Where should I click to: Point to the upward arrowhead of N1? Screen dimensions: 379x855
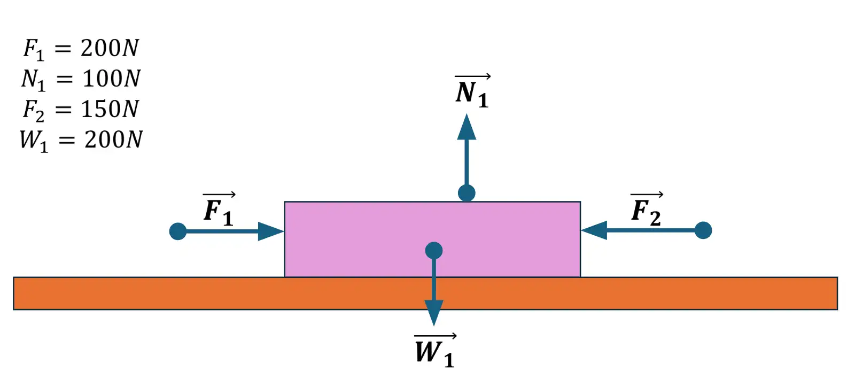(467, 127)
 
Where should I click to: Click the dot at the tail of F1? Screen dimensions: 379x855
(178, 231)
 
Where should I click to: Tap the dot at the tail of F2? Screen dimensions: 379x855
(703, 230)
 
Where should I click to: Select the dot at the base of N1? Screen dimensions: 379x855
(467, 193)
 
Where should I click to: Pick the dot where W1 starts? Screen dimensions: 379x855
(434, 250)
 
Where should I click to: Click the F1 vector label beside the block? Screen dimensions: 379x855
(219, 210)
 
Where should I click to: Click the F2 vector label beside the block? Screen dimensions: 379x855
(647, 210)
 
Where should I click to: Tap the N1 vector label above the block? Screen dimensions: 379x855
(472, 92)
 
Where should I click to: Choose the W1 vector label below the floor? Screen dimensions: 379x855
(435, 351)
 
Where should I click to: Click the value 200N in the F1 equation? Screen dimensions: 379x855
(110, 48)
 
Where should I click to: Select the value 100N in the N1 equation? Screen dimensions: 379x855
(111, 79)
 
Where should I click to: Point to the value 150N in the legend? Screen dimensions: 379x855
(110, 109)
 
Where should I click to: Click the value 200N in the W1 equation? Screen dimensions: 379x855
(113, 140)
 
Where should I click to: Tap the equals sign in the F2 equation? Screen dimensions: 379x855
(63, 110)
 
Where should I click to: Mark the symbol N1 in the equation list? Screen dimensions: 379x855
(33, 80)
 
